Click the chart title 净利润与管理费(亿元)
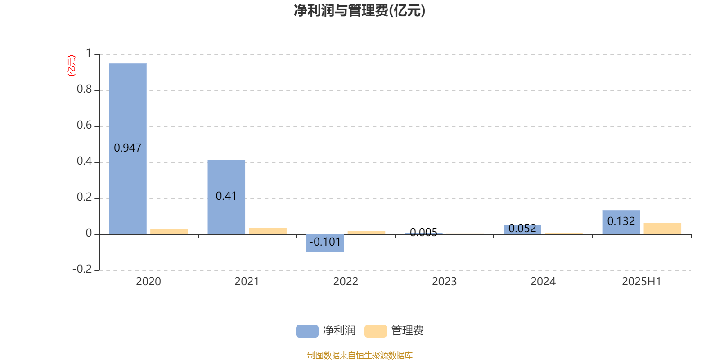[360, 11]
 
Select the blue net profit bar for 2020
[128, 149]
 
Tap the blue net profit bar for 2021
[226, 197]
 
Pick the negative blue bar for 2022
[325, 243]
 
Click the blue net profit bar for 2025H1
[621, 222]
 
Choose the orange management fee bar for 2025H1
[662, 229]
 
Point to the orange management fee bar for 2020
[169, 232]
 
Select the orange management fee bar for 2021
[268, 231]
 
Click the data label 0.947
[128, 148]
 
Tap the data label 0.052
[522, 229]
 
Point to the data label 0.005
[423, 232]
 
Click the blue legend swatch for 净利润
[307, 331]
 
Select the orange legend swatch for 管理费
[375, 331]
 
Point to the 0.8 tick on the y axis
[84, 89]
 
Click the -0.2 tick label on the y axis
[82, 269]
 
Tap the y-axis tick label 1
[89, 53]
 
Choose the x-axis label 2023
[444, 282]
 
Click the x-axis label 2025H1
[642, 282]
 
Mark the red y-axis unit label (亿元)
[72, 66]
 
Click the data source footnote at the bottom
[360, 355]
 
